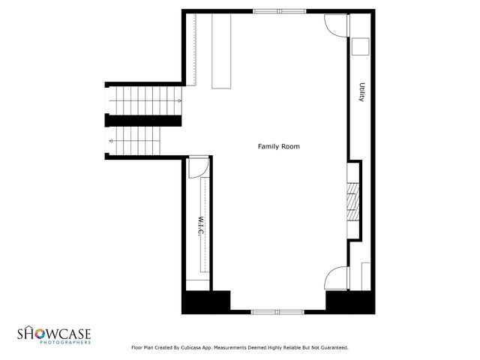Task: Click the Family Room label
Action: click(x=278, y=146)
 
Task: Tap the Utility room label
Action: click(x=361, y=92)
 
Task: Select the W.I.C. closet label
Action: click(x=201, y=227)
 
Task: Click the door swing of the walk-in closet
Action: click(x=197, y=168)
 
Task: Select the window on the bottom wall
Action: click(x=277, y=311)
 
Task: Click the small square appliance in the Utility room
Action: click(x=359, y=46)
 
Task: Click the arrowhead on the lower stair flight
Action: click(x=110, y=140)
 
